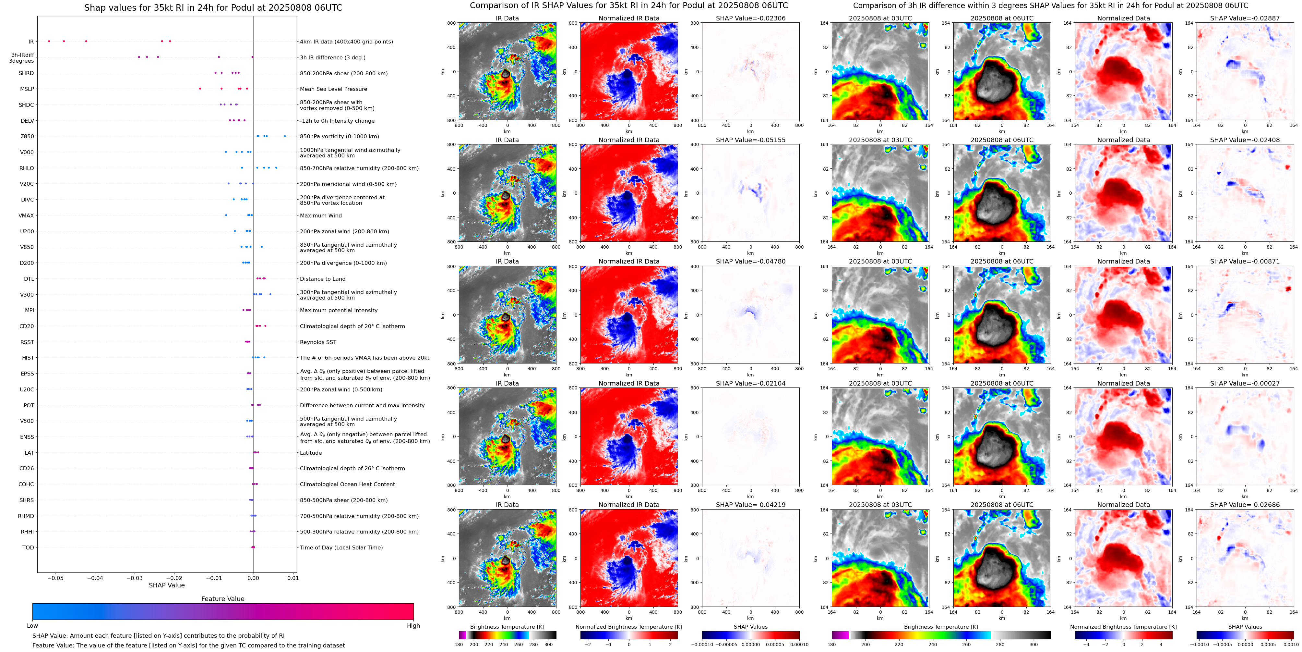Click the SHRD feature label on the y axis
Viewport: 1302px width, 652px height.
tap(26, 73)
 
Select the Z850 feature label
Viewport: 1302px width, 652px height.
tap(27, 137)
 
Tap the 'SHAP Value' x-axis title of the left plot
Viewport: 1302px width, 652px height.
tap(166, 585)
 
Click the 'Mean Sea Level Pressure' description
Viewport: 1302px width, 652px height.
tap(333, 89)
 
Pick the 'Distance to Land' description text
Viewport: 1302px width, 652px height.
tap(322, 279)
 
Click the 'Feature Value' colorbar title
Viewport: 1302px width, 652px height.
tap(222, 599)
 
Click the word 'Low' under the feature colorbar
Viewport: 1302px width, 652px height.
tap(32, 626)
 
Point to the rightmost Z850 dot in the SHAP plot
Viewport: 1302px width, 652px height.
tap(285, 136)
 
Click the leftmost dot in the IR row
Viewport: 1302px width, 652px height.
tap(49, 41)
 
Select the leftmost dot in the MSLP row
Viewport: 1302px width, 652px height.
tap(200, 89)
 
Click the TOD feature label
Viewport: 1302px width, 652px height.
tap(28, 548)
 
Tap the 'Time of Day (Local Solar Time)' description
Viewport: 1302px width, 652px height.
tap(341, 548)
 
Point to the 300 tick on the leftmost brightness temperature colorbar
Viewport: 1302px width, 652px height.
tap(548, 645)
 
